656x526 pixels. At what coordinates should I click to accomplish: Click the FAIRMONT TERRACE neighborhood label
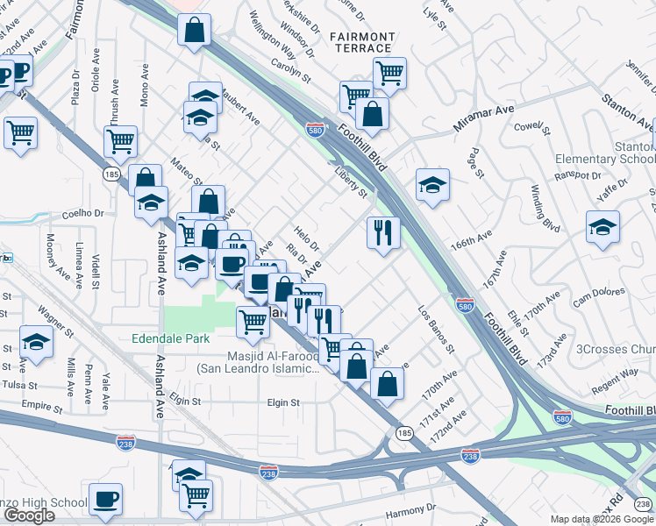tap(361, 41)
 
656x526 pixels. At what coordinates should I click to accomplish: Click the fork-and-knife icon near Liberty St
tap(382, 232)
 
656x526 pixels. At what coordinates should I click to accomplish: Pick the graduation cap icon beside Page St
tap(432, 185)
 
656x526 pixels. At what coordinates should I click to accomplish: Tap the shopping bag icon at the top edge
tap(194, 30)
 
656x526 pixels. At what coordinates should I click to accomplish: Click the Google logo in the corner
tap(29, 515)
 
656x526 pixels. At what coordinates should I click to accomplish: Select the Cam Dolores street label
tap(597, 296)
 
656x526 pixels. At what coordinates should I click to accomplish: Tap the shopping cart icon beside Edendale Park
tap(253, 322)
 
